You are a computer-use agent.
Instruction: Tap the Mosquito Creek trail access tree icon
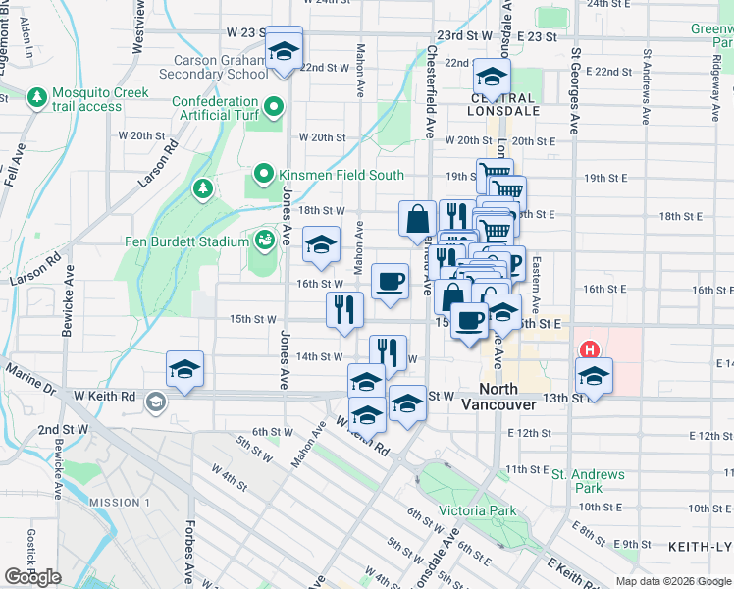(x=37, y=98)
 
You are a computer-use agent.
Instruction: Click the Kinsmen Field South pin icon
(x=263, y=175)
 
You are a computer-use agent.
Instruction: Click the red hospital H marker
(x=590, y=349)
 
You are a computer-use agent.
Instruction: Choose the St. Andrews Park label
(x=588, y=480)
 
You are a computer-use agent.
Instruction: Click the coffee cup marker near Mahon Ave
(x=391, y=282)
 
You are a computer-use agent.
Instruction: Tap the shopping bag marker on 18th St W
(x=417, y=217)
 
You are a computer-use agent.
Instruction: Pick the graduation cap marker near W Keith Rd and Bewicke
(x=184, y=370)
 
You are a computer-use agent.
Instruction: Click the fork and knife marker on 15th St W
(x=344, y=309)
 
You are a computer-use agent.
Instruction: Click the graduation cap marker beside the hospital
(x=595, y=376)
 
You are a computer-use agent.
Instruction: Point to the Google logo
(x=32, y=577)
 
